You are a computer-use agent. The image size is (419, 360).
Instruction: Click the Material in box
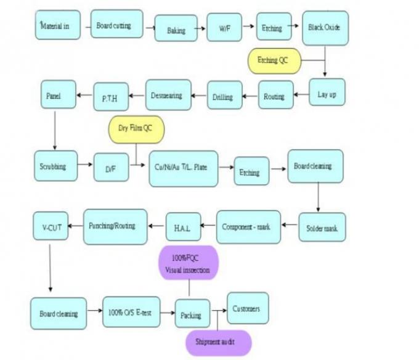click(58, 25)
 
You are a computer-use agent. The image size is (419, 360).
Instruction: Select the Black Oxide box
click(325, 28)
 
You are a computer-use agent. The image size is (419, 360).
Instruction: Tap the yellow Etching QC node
click(274, 61)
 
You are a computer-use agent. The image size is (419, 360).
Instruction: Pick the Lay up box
click(327, 92)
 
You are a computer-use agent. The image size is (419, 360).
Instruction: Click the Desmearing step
click(168, 95)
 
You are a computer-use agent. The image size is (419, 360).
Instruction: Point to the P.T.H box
click(111, 97)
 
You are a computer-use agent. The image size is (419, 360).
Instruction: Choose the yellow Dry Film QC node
click(136, 129)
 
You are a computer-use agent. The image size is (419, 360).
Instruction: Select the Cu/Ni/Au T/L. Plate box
click(184, 169)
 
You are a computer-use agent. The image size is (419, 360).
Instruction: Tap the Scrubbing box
click(56, 166)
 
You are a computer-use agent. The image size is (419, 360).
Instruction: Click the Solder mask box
click(322, 227)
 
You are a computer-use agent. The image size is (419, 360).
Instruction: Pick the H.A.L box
click(184, 227)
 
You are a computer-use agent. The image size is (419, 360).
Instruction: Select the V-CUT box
click(51, 226)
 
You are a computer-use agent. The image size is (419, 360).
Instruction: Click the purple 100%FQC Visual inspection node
click(189, 263)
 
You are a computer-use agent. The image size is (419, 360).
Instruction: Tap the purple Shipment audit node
click(218, 343)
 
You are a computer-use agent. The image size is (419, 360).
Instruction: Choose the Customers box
click(248, 308)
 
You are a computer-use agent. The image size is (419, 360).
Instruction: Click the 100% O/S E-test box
click(131, 312)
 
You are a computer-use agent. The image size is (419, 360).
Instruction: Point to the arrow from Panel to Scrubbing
click(55, 131)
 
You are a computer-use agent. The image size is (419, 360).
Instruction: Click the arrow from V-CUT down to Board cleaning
click(50, 268)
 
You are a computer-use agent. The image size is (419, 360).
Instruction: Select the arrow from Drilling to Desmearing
click(199, 96)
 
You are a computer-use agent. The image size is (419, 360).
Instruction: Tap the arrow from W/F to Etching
click(249, 26)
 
